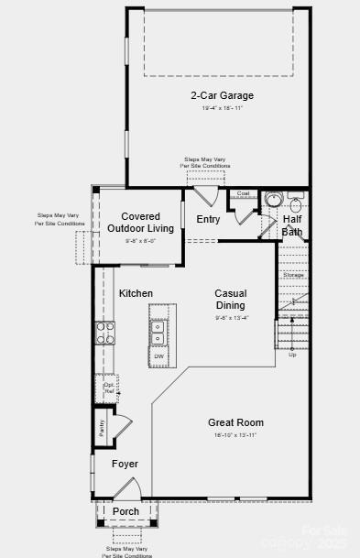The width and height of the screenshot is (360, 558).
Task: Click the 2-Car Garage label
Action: (222, 95)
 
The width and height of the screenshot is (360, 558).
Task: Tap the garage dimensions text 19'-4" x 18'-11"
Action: (222, 109)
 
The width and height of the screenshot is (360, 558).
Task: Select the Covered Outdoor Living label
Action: (140, 223)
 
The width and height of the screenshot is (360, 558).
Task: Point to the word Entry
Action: (208, 219)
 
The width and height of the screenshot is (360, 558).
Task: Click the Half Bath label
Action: (292, 225)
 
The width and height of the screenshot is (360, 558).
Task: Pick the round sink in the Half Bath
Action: (273, 199)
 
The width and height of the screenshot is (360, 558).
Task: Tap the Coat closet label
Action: (243, 193)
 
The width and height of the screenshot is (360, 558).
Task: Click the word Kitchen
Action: (136, 293)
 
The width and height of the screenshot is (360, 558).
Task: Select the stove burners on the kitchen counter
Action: (104, 332)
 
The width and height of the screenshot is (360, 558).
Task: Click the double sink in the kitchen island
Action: (158, 331)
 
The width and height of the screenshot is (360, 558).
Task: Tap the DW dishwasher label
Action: (158, 356)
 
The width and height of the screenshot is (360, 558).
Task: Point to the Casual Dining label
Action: (230, 300)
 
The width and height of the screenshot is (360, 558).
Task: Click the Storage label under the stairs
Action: (292, 275)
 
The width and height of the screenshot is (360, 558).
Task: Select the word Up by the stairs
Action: (292, 354)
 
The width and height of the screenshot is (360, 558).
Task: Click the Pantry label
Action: (100, 429)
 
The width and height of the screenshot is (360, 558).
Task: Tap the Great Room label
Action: (235, 422)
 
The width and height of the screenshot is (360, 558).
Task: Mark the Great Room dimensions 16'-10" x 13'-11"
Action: (235, 435)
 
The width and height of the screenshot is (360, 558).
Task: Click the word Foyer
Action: (125, 464)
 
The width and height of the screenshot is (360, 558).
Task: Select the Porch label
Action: (125, 511)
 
